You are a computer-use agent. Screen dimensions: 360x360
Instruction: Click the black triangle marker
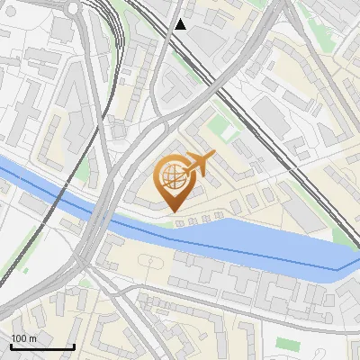click(182, 24)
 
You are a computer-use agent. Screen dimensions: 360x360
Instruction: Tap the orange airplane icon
click(198, 165)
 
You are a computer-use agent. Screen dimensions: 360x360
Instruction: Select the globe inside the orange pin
click(173, 180)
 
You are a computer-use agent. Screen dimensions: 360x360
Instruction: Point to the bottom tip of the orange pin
click(173, 211)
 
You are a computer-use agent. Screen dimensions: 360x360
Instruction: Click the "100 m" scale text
click(24, 338)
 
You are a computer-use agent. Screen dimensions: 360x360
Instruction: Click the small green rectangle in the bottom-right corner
click(286, 343)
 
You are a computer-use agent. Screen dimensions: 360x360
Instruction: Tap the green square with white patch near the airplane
click(230, 131)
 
